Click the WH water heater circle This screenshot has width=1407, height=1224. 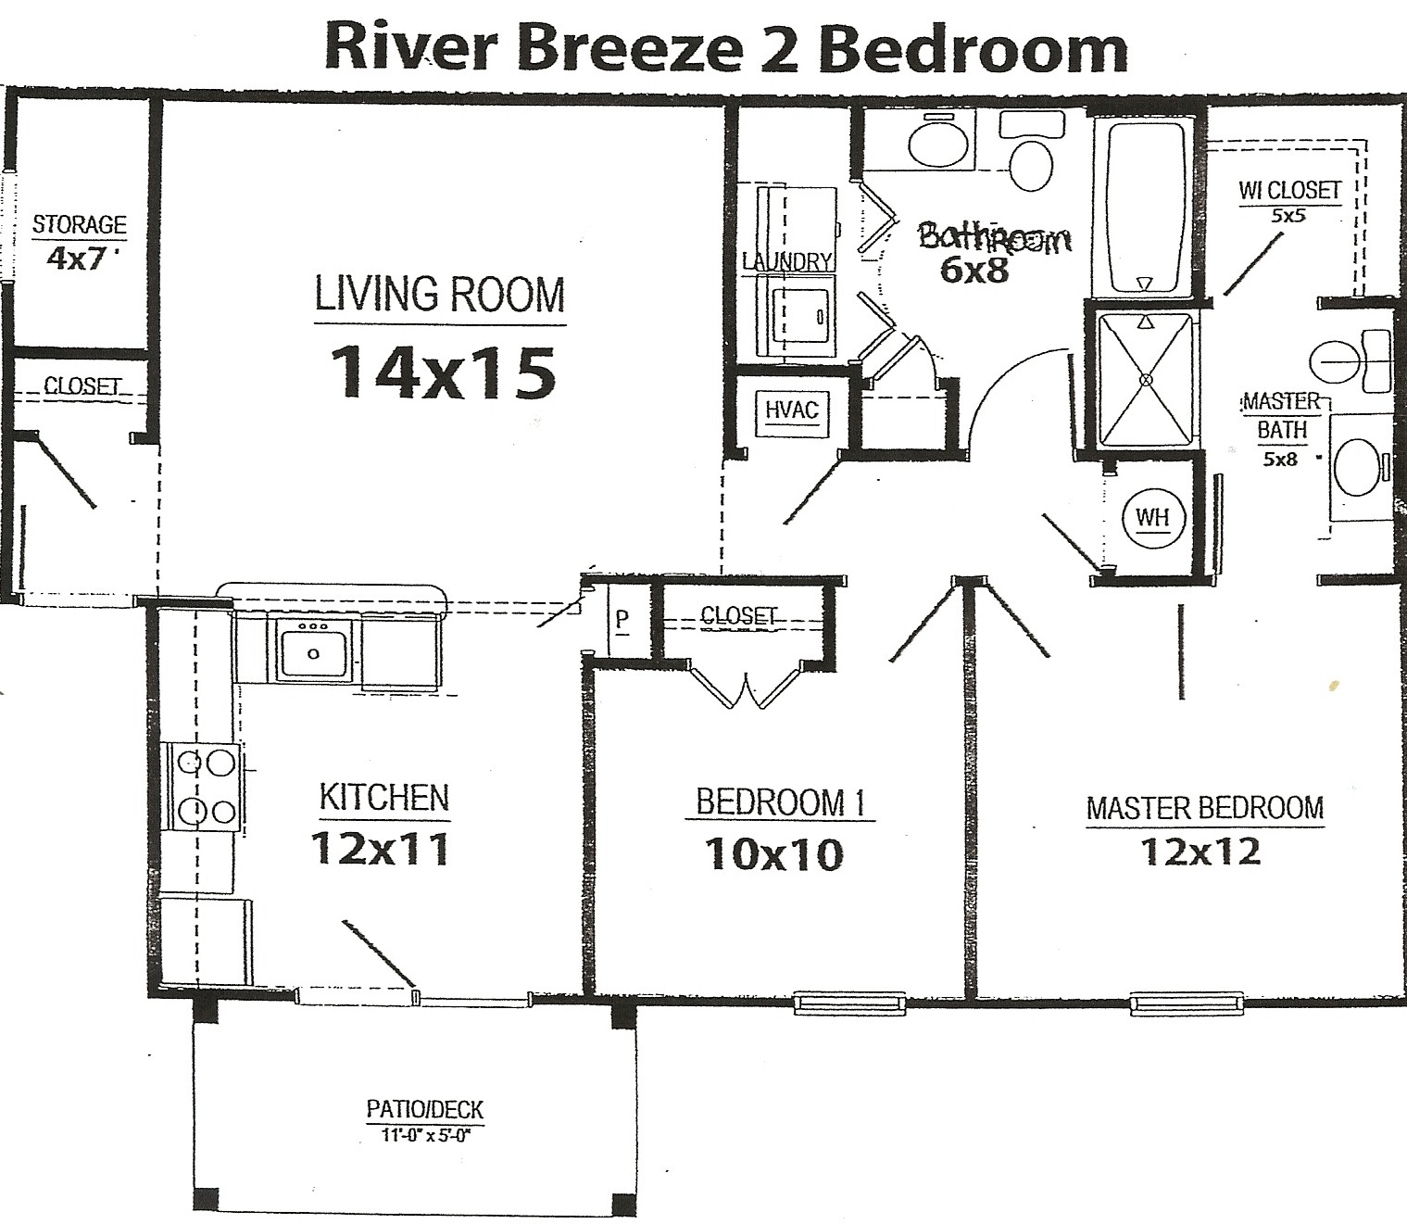point(1152,517)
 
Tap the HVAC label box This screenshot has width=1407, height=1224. point(792,412)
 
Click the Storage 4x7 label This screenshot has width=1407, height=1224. point(80,241)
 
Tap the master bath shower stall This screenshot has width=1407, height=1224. point(1146,380)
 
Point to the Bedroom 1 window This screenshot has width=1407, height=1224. point(850,1003)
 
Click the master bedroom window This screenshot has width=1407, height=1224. point(1187,1003)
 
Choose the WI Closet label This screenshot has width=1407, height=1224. point(1289,199)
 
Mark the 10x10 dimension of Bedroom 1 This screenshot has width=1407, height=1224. point(774,854)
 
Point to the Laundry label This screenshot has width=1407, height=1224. point(788,261)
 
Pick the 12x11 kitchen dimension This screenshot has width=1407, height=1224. point(381,849)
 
